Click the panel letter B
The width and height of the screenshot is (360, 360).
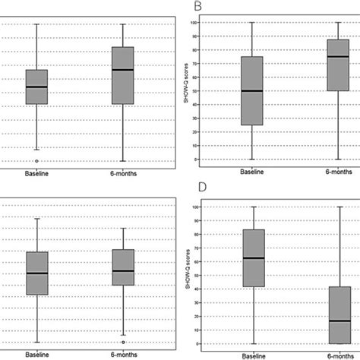pos(198,7)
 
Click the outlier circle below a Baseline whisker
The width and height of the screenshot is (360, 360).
pos(36,161)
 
